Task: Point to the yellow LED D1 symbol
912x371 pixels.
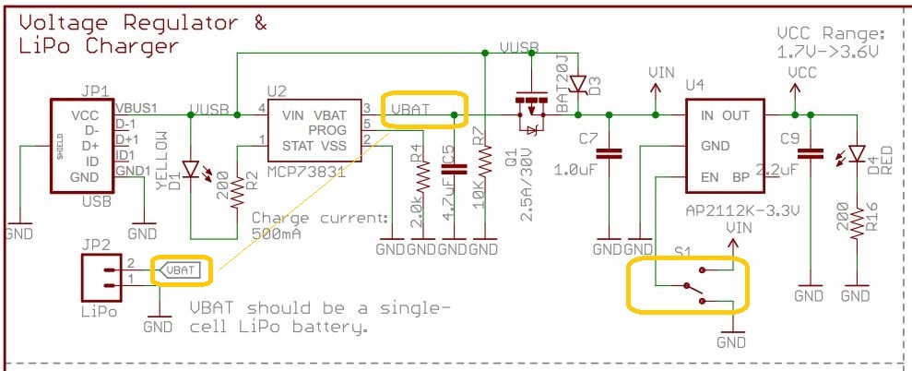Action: coord(192,169)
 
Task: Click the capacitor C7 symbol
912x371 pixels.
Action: coord(609,154)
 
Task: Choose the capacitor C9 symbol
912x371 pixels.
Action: coord(810,154)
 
